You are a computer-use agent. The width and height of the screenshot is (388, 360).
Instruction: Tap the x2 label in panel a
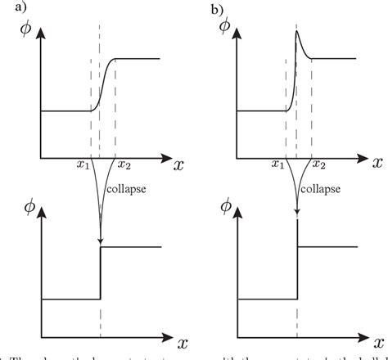124,166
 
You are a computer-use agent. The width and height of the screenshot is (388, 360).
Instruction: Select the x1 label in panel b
278,166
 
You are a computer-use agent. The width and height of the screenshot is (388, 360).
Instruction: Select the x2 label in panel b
321,166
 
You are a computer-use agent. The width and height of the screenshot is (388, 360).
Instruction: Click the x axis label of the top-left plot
178,164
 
